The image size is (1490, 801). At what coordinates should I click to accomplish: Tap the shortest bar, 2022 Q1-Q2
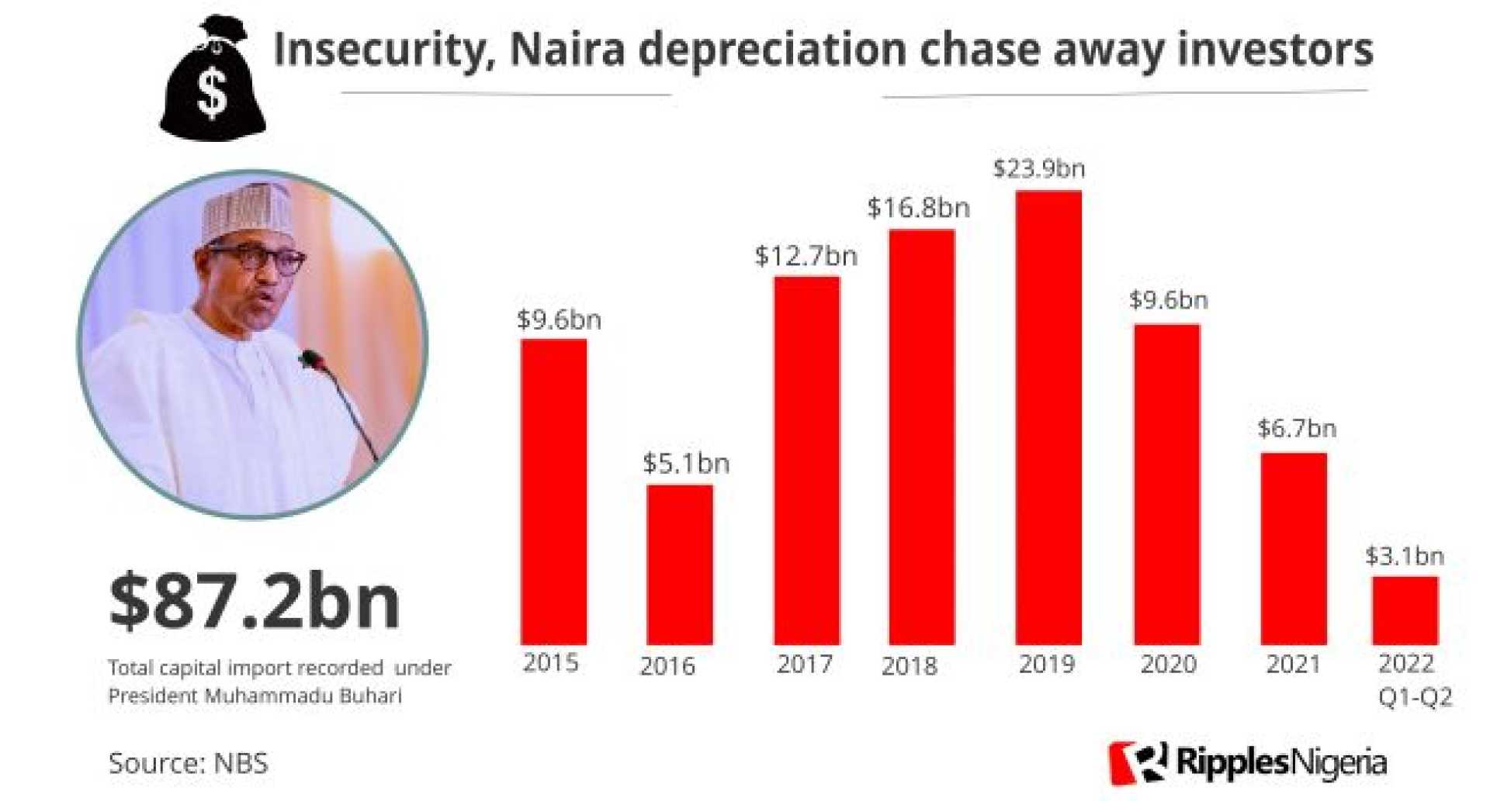click(1405, 610)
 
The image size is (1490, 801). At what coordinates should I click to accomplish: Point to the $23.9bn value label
click(1039, 168)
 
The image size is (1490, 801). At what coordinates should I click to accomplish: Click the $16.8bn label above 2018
click(918, 208)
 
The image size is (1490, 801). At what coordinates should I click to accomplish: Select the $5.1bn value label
click(686, 464)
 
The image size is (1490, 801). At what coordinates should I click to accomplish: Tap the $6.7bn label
click(1297, 428)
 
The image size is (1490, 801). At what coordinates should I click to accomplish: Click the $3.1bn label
click(1405, 556)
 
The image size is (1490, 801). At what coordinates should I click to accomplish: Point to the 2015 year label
click(551, 663)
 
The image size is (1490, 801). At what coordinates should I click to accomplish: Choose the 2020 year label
click(1169, 665)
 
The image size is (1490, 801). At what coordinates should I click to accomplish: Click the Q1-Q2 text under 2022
click(1415, 697)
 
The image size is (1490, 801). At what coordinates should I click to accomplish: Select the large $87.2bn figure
click(255, 601)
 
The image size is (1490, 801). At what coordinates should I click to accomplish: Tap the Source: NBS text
click(189, 763)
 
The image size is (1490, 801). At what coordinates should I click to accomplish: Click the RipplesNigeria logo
click(1247, 762)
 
